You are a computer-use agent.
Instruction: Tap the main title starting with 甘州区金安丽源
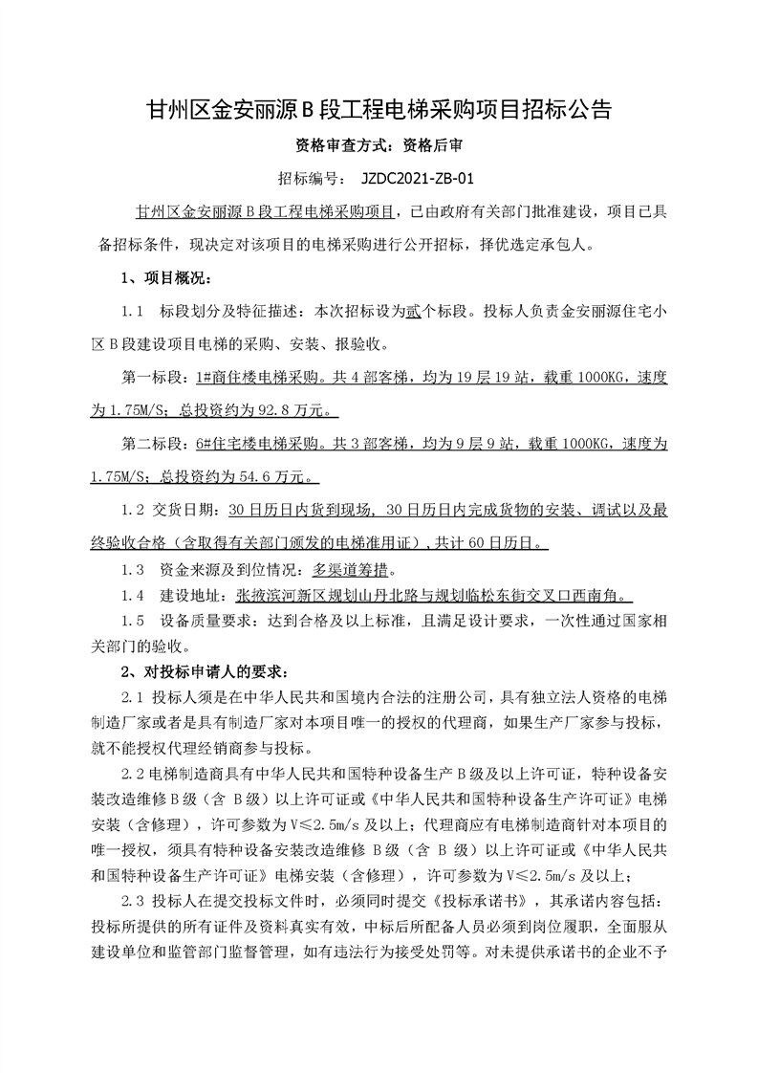tap(379, 109)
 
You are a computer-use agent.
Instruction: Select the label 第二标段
tap(153, 445)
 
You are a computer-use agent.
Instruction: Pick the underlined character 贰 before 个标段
tap(412, 312)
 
